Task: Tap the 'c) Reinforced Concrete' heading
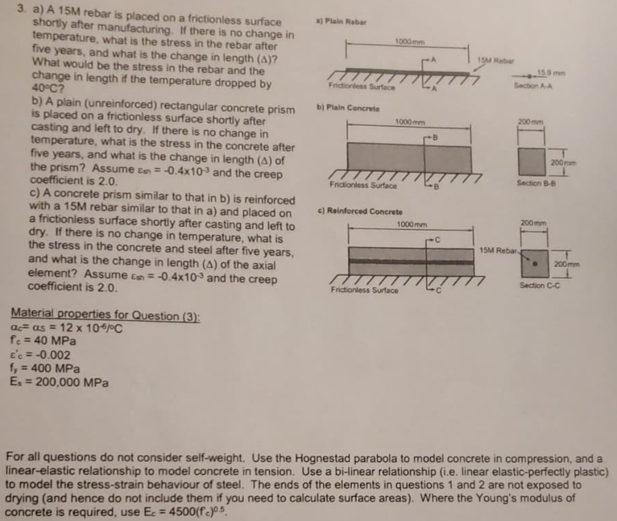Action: coord(360,211)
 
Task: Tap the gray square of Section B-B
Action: coord(531,161)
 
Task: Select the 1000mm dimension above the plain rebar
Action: coord(407,41)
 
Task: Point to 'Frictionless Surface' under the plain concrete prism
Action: coord(363,186)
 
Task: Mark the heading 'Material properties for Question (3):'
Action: coord(106,315)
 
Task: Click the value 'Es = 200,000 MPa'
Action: coord(60,382)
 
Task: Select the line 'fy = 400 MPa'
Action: coord(45,368)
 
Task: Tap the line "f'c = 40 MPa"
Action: coord(44,341)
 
